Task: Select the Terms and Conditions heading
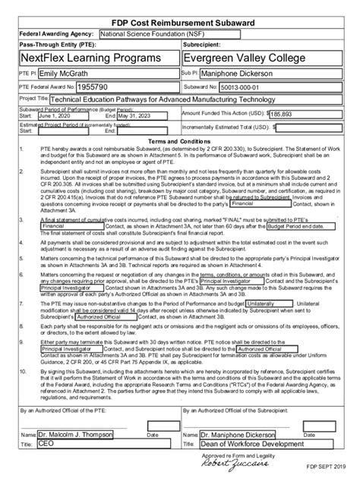point(179,143)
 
